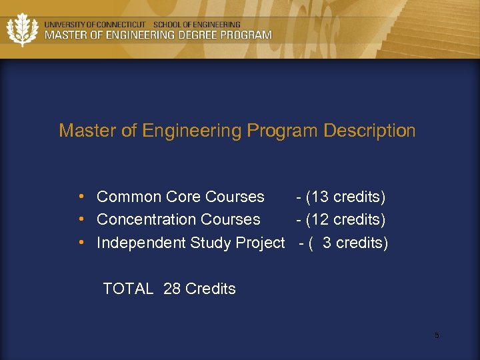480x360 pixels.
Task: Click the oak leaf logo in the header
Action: pos(21,29)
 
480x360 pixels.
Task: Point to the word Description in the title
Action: pos(369,131)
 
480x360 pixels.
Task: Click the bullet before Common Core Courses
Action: pos(81,197)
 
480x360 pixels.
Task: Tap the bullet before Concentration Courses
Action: pos(81,219)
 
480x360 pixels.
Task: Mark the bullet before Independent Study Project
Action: pos(81,243)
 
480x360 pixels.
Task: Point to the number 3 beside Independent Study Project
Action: pos(327,243)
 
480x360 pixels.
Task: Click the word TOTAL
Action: pos(128,289)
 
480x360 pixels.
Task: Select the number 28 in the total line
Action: pos(172,289)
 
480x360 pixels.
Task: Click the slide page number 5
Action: pos(437,335)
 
